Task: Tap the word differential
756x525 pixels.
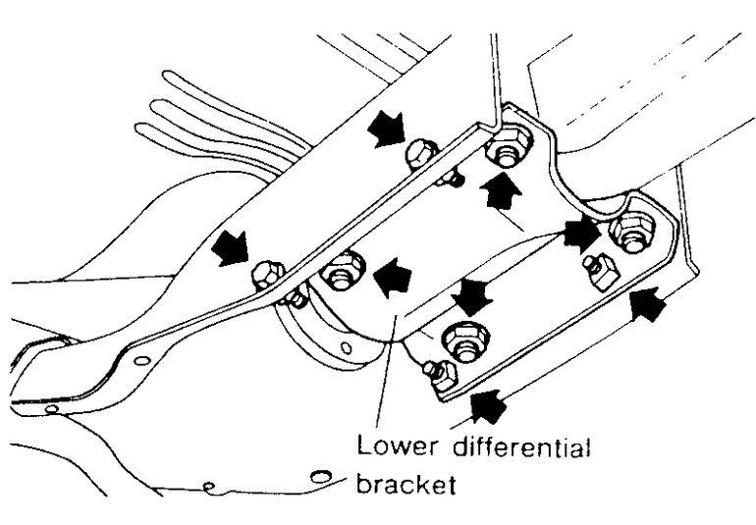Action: [x=523, y=448]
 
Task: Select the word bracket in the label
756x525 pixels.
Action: [x=408, y=485]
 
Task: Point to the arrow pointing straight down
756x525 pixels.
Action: [x=472, y=293]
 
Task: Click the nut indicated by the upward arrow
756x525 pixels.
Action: [x=509, y=150]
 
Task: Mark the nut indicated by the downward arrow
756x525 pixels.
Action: [x=465, y=340]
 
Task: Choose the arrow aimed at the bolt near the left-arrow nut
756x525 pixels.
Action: [x=232, y=246]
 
